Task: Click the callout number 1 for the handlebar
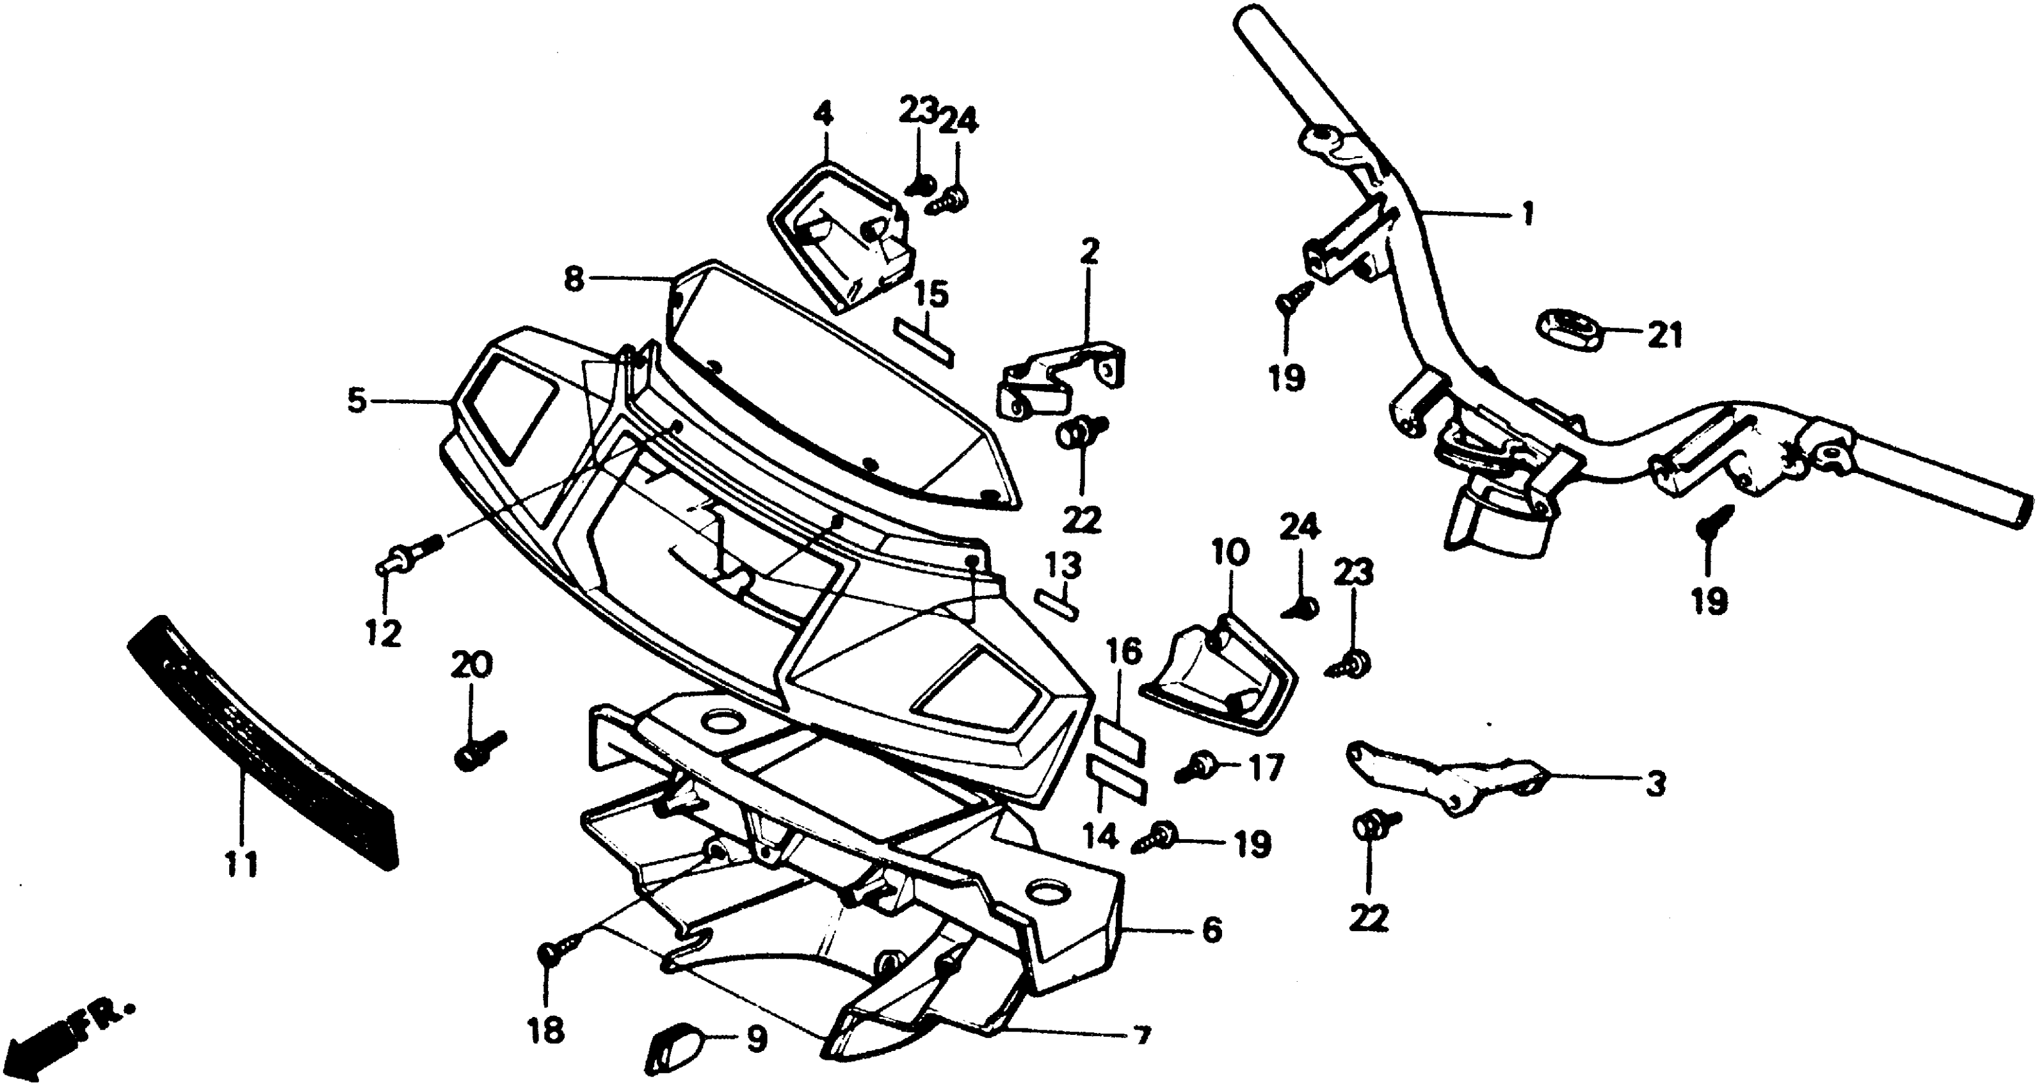pos(1527,214)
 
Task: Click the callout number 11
pos(242,866)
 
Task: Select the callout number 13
pos(1063,566)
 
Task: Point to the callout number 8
pos(574,278)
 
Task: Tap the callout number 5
pos(357,402)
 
